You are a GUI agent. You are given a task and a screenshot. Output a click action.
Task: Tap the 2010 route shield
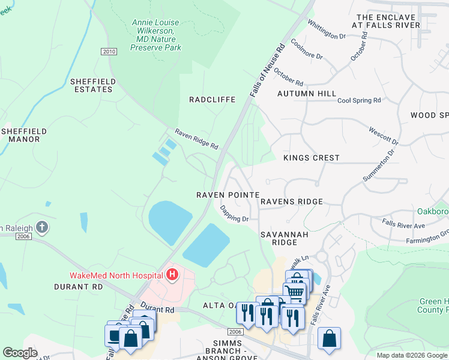tap(109, 52)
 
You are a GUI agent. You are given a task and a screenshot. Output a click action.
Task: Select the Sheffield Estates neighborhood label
tap(91, 85)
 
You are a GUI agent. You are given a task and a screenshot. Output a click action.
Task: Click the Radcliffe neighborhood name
tap(212, 100)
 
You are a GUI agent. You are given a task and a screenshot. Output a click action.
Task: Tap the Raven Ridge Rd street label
tap(196, 139)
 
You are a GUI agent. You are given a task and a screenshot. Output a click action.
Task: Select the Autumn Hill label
tap(307, 94)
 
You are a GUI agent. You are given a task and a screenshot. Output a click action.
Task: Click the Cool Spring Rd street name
tap(359, 101)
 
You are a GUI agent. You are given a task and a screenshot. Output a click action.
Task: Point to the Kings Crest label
tap(311, 158)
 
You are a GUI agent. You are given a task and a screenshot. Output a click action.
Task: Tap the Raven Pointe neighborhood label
tap(228, 195)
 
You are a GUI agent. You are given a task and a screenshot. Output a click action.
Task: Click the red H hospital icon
tap(172, 275)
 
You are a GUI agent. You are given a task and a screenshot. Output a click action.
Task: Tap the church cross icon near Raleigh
tap(41, 227)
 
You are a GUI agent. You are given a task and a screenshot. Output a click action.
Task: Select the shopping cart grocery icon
tap(295, 292)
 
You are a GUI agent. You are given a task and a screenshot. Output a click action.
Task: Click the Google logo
tap(20, 353)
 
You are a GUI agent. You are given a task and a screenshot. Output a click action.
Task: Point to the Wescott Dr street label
tap(383, 136)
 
